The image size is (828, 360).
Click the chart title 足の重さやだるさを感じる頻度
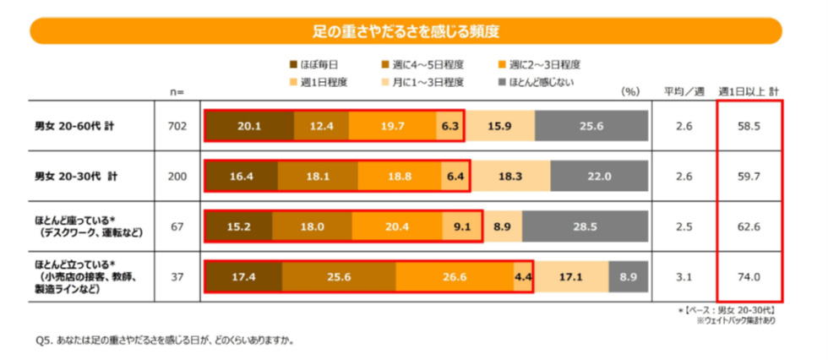pyautogui.click(x=406, y=32)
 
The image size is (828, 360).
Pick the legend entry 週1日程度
pyautogui.click(x=319, y=82)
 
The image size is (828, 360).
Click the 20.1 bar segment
pyautogui.click(x=248, y=126)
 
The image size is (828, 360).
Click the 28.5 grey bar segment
pyautogui.click(x=585, y=226)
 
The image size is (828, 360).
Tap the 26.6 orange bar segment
pyautogui.click(x=454, y=276)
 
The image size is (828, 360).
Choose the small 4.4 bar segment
pyautogui.click(x=522, y=276)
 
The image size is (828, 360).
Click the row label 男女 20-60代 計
pyautogui.click(x=74, y=126)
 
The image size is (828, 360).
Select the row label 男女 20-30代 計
pyautogui.click(x=75, y=177)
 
